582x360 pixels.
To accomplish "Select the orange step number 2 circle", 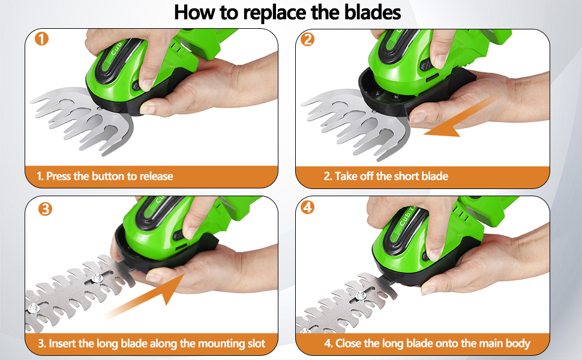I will click(308, 40).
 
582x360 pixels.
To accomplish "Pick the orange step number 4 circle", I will click(308, 208).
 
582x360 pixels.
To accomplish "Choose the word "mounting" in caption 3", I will click(211, 344).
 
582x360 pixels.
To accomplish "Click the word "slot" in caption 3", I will click(254, 344).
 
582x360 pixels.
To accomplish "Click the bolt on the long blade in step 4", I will click(360, 295).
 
